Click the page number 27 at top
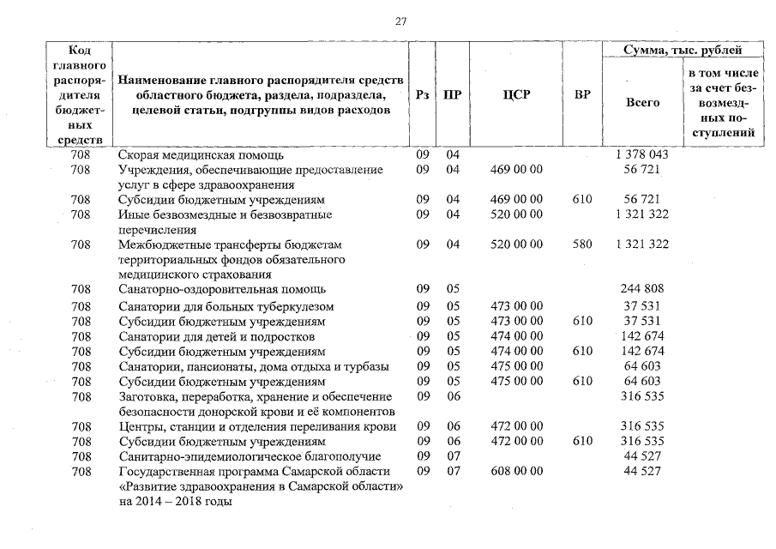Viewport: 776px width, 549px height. pos(400,21)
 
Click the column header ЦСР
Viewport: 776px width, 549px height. pos(516,94)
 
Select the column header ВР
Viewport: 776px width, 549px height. pos(582,94)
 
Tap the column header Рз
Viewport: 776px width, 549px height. pos(422,94)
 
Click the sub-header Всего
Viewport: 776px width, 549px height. pos(642,102)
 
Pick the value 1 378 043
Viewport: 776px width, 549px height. pos(642,154)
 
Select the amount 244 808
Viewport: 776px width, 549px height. pos(642,289)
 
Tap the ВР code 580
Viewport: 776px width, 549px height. pos(582,244)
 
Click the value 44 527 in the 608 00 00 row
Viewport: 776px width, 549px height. pos(642,472)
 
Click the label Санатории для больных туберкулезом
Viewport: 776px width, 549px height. pos(226,307)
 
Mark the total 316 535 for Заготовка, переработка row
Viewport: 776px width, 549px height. pos(642,397)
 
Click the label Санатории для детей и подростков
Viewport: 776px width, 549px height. pos(217,336)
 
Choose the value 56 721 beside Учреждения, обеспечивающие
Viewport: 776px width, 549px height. pos(642,170)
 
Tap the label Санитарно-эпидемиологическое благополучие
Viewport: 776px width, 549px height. pos(249,457)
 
